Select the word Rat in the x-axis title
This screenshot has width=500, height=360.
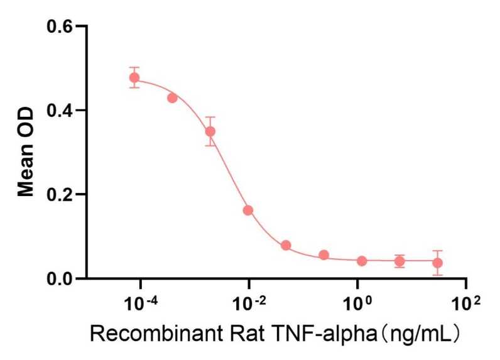227,334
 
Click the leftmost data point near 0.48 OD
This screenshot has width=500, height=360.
134,78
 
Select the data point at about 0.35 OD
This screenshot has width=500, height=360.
210,131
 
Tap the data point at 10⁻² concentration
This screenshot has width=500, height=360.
248,210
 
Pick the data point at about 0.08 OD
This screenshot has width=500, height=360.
286,245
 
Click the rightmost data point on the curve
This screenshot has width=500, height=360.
437,263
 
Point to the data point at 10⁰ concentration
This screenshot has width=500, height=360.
362,261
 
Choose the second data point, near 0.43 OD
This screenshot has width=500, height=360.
172,98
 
